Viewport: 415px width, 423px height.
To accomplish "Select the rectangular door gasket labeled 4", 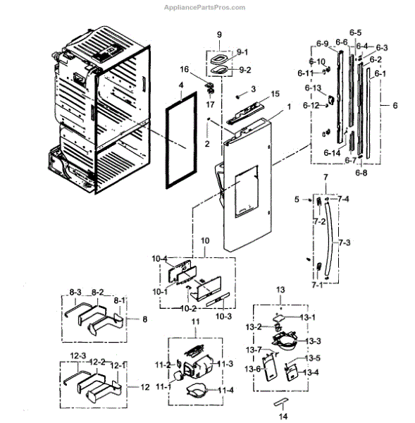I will [168, 145].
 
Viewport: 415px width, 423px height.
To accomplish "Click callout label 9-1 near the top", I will [242, 52].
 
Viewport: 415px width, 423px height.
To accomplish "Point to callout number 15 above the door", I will [256, 94].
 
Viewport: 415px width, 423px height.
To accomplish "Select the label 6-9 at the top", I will [322, 43].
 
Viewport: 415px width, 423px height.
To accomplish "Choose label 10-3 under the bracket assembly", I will [223, 317].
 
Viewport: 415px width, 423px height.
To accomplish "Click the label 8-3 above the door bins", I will [75, 290].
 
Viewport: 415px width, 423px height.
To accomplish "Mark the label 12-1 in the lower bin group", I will [120, 364].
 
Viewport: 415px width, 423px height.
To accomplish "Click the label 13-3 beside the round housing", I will [314, 341].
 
